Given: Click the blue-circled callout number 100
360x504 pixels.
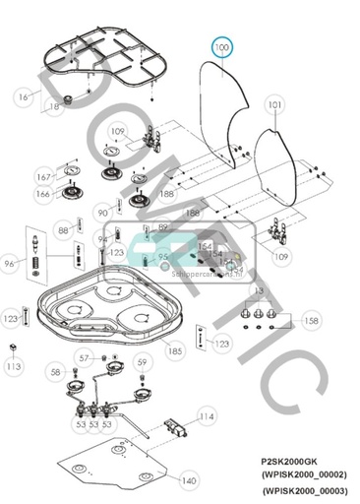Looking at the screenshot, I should [x=222, y=46].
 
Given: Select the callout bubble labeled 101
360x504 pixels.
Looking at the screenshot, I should [x=274, y=104].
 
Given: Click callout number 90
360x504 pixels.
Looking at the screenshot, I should [x=102, y=213].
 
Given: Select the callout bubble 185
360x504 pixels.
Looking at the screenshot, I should [x=175, y=350].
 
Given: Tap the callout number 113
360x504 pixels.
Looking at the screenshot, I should [x=13, y=366].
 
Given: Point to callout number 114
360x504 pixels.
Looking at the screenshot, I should [x=206, y=417].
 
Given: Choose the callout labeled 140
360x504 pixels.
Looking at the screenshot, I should [x=187, y=480].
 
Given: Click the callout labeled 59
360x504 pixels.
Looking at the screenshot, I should [x=142, y=362].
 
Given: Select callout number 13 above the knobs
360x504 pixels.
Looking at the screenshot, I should [x=260, y=292].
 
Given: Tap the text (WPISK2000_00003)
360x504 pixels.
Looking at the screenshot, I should [x=306, y=490].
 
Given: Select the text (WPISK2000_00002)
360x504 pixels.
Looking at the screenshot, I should [x=306, y=474].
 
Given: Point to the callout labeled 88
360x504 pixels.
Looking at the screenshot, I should [x=63, y=229].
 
